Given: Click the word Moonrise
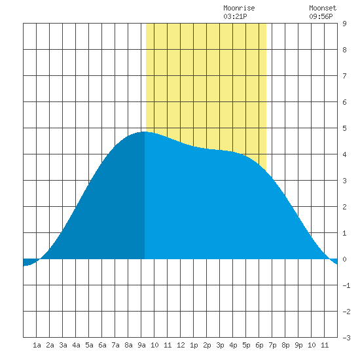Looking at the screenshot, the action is pos(239,8).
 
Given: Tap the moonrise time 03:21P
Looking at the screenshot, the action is pos(235,16).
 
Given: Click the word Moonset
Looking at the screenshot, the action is pos(323,8).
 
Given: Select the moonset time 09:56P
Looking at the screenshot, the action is pos(321,16).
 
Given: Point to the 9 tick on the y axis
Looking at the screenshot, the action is pos(344,24).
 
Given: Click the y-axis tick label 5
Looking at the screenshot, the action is pos(344,128).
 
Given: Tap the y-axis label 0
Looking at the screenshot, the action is pos(344,259).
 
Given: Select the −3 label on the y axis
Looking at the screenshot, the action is pos(346,338).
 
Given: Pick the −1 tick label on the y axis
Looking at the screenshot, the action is pos(346,285).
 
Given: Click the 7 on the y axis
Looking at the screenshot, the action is pos(344,76).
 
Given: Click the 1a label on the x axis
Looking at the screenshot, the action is pos(37,345).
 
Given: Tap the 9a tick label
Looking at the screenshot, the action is pos(141,345).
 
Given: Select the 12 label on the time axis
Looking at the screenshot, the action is pos(181,345).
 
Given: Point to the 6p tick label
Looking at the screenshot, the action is pos(259,345).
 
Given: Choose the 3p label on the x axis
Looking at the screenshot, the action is pos(220,345).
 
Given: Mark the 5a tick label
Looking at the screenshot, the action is pos(89,345).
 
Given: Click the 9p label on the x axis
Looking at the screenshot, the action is pos(298,345).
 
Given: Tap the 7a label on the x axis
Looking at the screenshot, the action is pos(115,345).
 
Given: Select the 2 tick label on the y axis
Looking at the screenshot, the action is pos(344,207).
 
